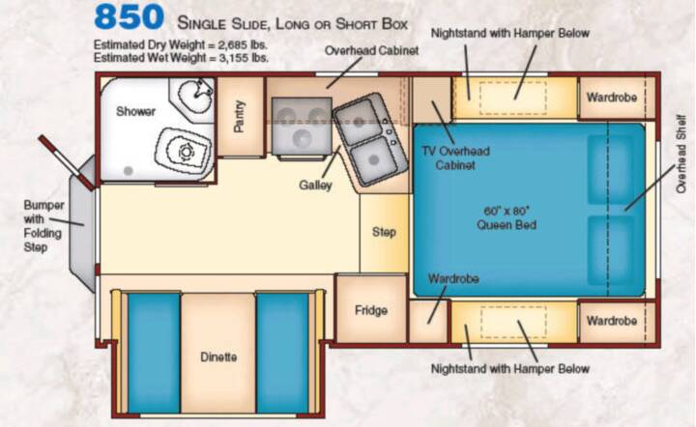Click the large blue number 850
pyautogui.click(x=129, y=17)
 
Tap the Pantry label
pyautogui.click(x=239, y=116)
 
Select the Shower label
pyautogui.click(x=136, y=111)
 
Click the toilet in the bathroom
pyautogui.click(x=184, y=151)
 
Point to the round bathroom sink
pyautogui.click(x=195, y=95)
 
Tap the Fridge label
pyautogui.click(x=371, y=310)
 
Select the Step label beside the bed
pyautogui.click(x=384, y=232)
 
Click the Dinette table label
pyautogui.click(x=218, y=356)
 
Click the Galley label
pyautogui.click(x=315, y=185)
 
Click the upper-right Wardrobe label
pyautogui.click(x=612, y=98)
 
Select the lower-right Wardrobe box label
pyautogui.click(x=612, y=321)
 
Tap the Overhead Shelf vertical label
pyautogui.click(x=681, y=154)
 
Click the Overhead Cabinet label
pyautogui.click(x=371, y=50)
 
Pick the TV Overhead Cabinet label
pyautogui.click(x=455, y=157)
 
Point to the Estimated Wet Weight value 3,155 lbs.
pyautogui.click(x=244, y=58)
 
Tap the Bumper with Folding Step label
pyautogui.click(x=43, y=226)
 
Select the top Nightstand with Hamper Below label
pyautogui.click(x=510, y=33)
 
